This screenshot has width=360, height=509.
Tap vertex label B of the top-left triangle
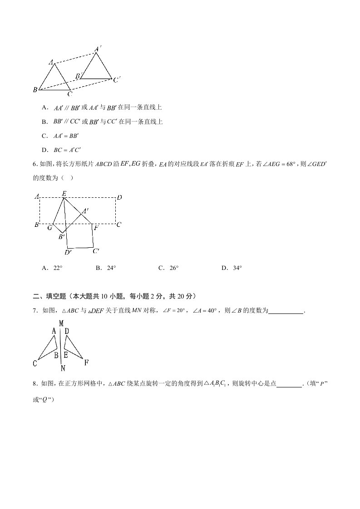coord(35,90)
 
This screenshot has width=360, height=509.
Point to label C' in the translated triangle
coord(117,80)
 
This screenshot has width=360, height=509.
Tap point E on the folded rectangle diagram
coord(64,194)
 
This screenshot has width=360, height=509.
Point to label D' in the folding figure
coord(69,252)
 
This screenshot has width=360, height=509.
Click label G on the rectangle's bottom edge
coord(50,228)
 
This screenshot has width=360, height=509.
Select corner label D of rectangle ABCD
coord(119,197)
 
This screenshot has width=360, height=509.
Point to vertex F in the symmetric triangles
coord(86,362)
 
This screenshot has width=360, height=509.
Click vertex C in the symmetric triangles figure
coord(35,363)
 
